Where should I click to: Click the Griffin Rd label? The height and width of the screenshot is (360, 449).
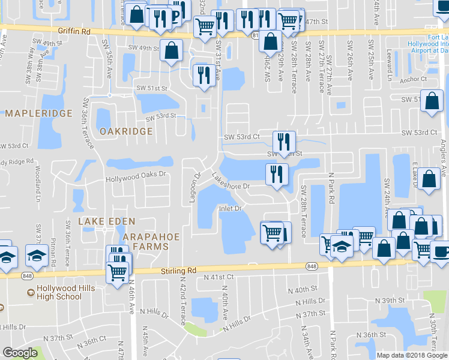click(x=74, y=30)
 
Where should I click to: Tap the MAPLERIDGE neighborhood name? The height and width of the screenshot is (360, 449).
click(x=38, y=113)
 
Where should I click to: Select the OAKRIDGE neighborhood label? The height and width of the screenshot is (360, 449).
click(x=125, y=131)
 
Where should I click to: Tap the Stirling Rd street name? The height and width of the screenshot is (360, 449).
click(x=178, y=271)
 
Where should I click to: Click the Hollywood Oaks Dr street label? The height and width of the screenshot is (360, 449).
click(x=135, y=179)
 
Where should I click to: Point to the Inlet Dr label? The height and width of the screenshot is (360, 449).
click(x=229, y=209)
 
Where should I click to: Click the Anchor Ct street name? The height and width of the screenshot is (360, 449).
click(x=412, y=79)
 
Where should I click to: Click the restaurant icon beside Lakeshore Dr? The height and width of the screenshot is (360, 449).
click(x=277, y=175)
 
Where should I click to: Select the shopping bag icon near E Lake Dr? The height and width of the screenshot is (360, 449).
click(x=429, y=179)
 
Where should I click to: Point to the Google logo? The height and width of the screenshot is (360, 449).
click(x=20, y=352)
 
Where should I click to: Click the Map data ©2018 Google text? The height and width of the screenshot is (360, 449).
click(x=412, y=355)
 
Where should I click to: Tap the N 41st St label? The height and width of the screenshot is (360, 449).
click(x=218, y=277)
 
